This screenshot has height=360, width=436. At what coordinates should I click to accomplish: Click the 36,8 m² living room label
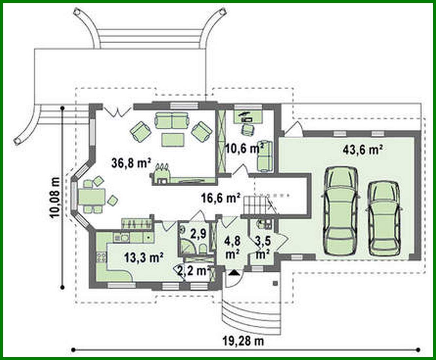tap(131, 163)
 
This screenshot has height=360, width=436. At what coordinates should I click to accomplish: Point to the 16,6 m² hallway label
tap(220, 198)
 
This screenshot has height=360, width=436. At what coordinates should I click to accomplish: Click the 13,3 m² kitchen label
tap(144, 257)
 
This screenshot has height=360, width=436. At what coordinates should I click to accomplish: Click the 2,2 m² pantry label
tap(193, 270)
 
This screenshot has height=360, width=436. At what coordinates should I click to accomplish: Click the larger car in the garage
tap(341, 210)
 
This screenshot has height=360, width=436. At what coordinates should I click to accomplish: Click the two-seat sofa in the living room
tap(172, 121)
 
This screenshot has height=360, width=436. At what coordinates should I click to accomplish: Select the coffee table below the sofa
tap(173, 140)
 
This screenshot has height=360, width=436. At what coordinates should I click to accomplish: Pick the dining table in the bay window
tap(91, 197)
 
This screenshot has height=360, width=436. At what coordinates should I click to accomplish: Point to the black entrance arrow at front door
tap(233, 273)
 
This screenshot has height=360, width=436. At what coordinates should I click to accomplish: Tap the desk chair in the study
tap(248, 130)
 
